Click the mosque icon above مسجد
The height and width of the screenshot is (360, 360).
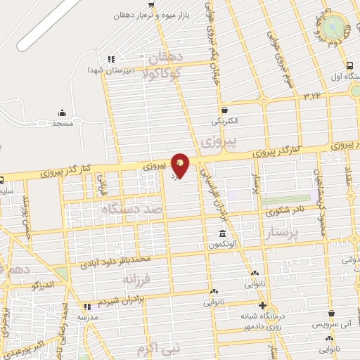(x=62, y=112)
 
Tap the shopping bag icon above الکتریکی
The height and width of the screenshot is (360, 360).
(x=224, y=110)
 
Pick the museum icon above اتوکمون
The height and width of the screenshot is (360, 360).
(x=222, y=234)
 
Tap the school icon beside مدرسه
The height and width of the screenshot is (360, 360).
(x=87, y=307)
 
